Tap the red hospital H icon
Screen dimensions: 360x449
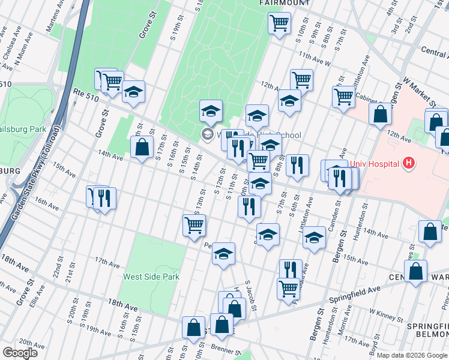click(x=409, y=162)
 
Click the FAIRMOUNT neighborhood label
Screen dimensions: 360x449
click(x=285, y=2)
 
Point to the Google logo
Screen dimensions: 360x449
click(x=19, y=353)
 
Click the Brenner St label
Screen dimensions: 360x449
click(x=225, y=347)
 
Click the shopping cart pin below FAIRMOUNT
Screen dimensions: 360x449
click(x=279, y=23)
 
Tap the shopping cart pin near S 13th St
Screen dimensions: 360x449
click(x=194, y=226)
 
